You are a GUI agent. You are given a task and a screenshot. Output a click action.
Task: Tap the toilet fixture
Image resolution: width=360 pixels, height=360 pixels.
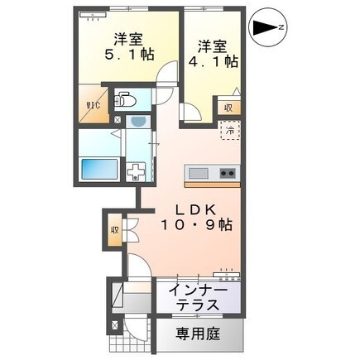click(x=125, y=100)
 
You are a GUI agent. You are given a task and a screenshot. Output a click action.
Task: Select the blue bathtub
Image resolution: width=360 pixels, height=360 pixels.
click(x=99, y=169)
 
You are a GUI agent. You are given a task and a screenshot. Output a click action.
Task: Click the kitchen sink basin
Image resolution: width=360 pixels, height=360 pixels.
click(x=198, y=174)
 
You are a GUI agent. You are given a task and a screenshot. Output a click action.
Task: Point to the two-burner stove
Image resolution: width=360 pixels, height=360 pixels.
click(x=228, y=174)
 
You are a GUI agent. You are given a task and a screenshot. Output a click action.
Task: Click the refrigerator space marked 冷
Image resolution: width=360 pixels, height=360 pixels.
click(x=230, y=131)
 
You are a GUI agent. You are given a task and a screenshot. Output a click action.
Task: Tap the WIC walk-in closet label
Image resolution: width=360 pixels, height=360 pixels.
click(x=93, y=105)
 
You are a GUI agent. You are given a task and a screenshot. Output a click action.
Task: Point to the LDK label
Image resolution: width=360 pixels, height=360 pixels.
click(x=196, y=211)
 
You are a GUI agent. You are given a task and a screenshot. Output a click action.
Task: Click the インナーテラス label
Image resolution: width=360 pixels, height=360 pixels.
click(x=198, y=298)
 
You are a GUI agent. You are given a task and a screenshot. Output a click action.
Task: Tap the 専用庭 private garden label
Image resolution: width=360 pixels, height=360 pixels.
click(x=198, y=334)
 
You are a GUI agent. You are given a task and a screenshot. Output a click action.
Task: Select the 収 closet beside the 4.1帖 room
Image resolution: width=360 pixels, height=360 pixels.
click(x=228, y=108)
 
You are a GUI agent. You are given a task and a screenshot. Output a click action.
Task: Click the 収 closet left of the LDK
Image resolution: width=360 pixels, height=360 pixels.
click(x=115, y=229)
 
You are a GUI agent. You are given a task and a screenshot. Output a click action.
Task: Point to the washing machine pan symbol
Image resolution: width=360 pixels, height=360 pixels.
click(x=136, y=171)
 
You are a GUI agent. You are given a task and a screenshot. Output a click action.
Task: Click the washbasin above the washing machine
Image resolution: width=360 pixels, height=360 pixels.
click(x=138, y=122)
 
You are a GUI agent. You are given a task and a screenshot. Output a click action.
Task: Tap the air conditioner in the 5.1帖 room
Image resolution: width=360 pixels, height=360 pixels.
click(x=93, y=15)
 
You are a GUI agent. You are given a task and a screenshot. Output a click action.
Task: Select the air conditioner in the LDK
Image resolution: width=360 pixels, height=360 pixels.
click(x=227, y=274)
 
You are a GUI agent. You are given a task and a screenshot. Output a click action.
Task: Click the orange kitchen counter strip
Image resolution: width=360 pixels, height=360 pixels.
click(x=212, y=185)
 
